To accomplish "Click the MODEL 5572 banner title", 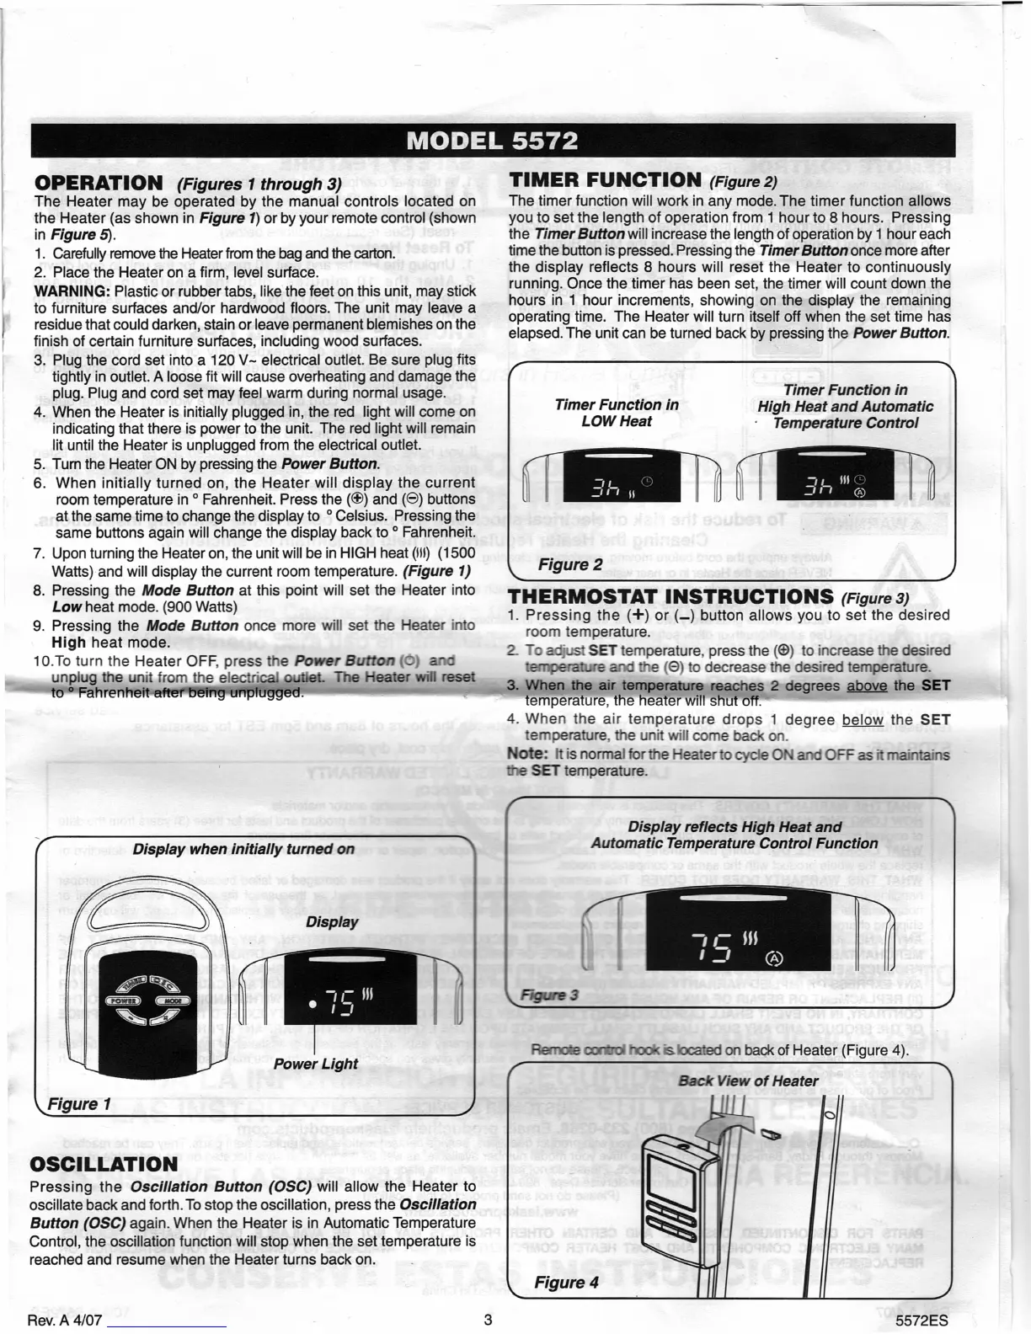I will tap(492, 141).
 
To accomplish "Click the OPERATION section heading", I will tap(99, 184).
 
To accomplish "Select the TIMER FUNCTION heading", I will tap(605, 179).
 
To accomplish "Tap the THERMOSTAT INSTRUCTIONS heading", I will tap(670, 597).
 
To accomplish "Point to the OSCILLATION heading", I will tap(104, 1165).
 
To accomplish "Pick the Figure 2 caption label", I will tap(570, 564).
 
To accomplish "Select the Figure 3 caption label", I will tap(549, 995).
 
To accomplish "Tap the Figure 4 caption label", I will tap(566, 1282).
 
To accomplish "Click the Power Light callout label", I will tap(315, 1064).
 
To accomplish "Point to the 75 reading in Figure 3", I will tap(711, 947).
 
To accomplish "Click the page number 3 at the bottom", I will tap(488, 1320).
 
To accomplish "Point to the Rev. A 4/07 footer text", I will tap(65, 1320).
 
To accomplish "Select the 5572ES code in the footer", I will tap(922, 1320).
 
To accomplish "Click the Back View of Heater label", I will tap(748, 1081).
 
